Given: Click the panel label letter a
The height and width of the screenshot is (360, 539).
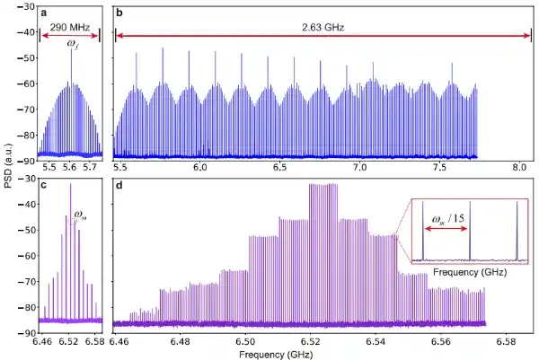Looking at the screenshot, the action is [43, 13].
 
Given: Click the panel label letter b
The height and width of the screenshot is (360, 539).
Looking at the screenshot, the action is [119, 13].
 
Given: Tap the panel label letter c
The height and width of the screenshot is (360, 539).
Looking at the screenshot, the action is [43, 186].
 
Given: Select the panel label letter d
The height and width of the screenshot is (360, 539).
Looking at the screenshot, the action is [119, 186].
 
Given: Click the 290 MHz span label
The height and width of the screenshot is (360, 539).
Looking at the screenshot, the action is [70, 27].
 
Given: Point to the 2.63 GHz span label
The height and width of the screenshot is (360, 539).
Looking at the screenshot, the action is [323, 27].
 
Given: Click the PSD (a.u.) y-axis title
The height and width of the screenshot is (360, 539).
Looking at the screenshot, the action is [9, 165].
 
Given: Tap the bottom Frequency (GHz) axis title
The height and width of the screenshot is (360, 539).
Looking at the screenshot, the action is [276, 354].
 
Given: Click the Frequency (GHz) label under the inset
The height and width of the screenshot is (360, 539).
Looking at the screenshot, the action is [470, 272].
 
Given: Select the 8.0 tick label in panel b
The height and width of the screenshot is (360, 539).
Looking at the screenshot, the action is [519, 167].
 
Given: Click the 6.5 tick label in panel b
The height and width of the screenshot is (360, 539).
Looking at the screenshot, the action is [280, 167].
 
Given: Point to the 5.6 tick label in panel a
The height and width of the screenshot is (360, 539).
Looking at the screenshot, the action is [69, 167].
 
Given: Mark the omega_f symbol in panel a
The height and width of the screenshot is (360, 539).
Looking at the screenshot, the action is [72, 44].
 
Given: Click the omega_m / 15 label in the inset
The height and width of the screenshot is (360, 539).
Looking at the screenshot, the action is [448, 218].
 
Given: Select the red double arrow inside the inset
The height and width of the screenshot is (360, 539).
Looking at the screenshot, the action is [446, 229].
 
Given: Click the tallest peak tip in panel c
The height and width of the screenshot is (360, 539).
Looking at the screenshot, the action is [70, 184].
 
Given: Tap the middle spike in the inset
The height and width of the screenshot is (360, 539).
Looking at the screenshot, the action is [470, 230].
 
